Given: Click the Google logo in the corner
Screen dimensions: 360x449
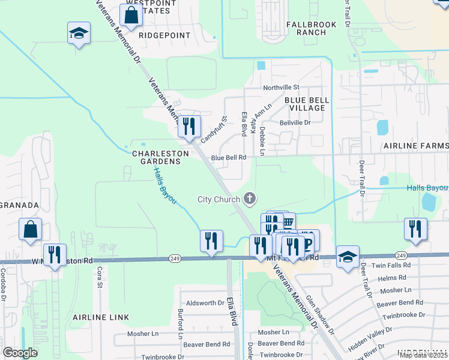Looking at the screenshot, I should pyautogui.click(x=20, y=353).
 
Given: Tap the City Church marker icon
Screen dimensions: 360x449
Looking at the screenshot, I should pyautogui.click(x=250, y=199).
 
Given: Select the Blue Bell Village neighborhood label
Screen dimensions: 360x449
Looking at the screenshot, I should pyautogui.click(x=304, y=104).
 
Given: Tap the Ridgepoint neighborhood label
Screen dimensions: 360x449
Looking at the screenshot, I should pyautogui.click(x=164, y=35).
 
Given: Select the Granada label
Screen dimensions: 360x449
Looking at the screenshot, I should pyautogui.click(x=19, y=205).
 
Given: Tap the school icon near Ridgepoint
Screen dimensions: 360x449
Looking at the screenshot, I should pyautogui.click(x=79, y=34).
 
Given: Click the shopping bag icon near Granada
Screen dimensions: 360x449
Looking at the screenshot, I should pyautogui.click(x=31, y=229).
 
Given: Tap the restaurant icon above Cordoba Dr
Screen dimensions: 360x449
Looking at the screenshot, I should pyautogui.click(x=55, y=255).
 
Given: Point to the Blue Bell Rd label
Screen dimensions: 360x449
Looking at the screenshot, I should pyautogui.click(x=229, y=157).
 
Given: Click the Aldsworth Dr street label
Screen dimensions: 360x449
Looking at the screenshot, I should pyautogui.click(x=205, y=303).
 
